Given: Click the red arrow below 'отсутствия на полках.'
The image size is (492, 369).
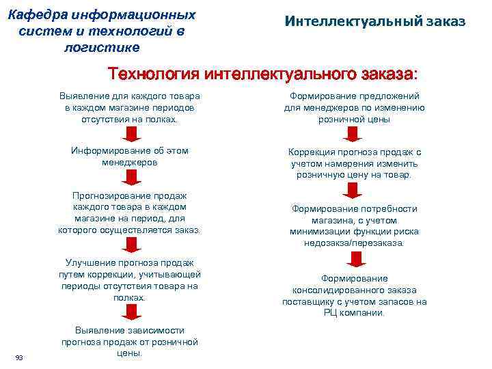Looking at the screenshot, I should pos(129,135).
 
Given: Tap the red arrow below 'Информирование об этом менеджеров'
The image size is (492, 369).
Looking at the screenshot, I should pos(129,177).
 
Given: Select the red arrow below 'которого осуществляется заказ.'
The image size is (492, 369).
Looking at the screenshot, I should pos(129,245).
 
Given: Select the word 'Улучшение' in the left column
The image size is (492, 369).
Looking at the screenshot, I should pos(90,262).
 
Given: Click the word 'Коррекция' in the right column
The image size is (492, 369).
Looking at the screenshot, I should pos(313,152).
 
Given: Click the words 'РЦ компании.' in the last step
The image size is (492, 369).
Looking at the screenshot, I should pos(354,313).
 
